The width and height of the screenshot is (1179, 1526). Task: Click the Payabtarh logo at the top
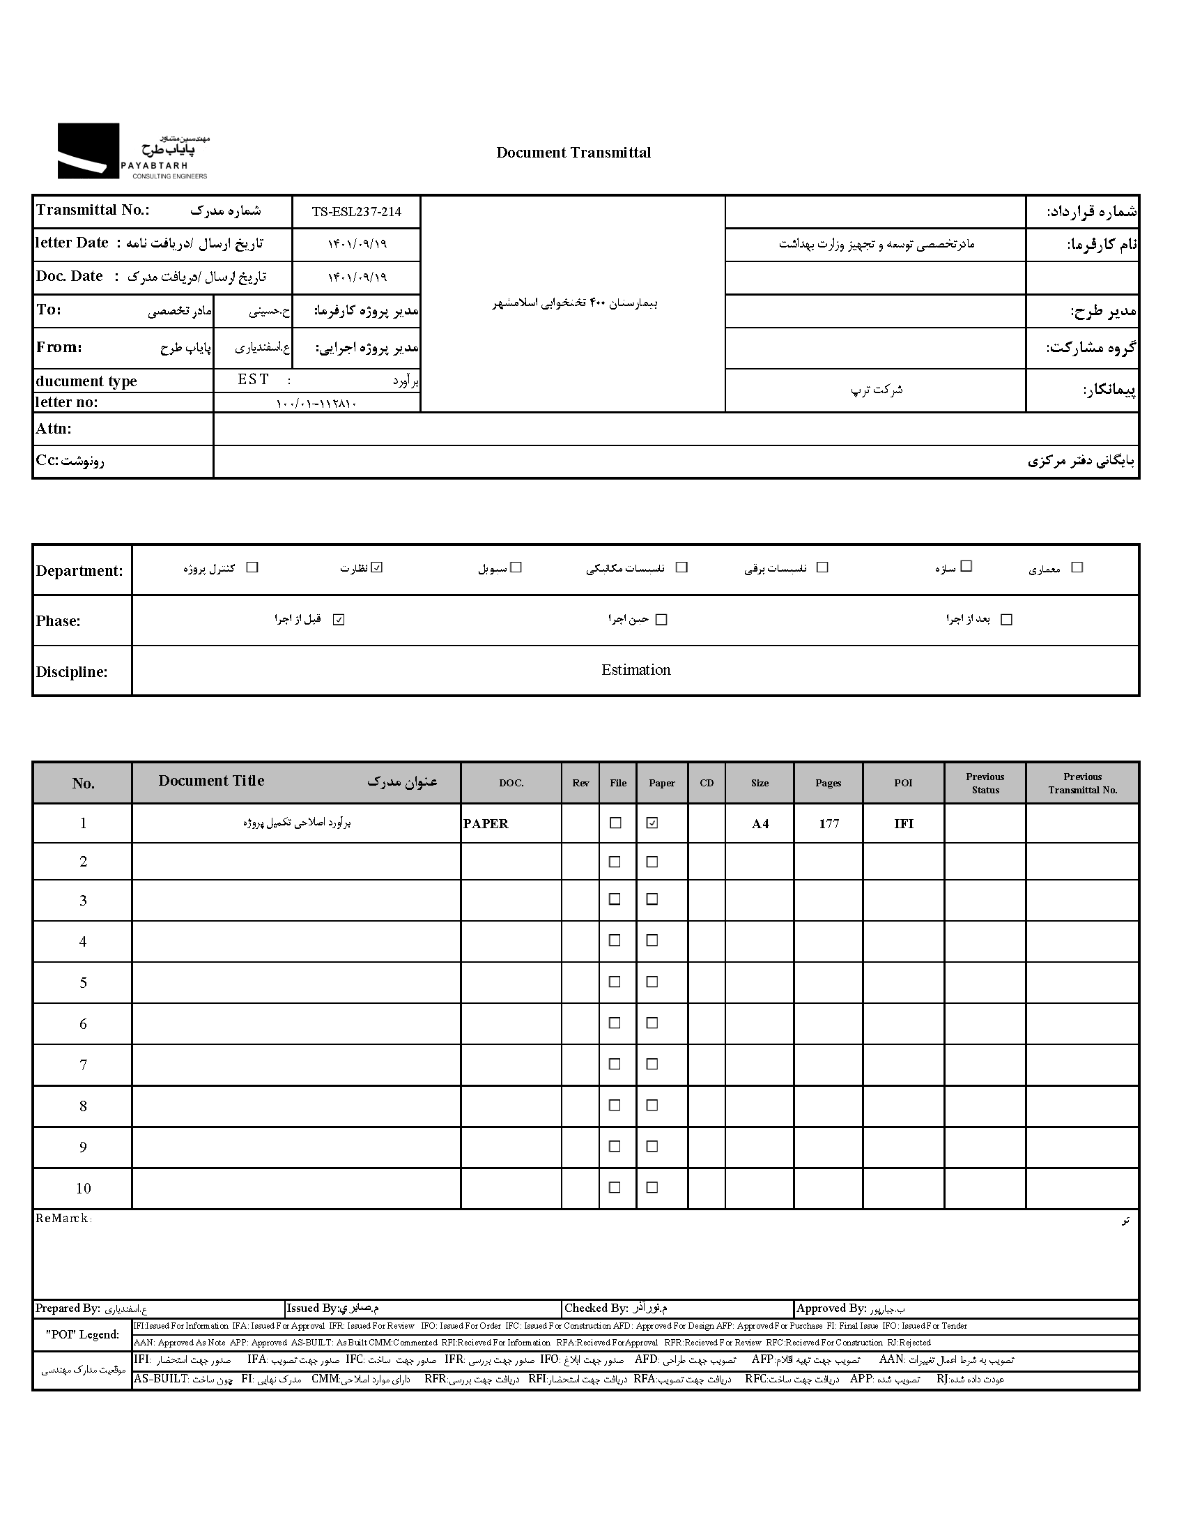point(132,151)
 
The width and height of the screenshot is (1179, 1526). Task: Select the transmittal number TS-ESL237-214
point(356,212)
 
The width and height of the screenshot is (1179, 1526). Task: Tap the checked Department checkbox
point(377,567)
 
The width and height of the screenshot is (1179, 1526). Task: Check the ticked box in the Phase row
point(339,620)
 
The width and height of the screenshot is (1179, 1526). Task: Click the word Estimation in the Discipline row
point(635,670)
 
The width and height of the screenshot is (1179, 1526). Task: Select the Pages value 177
point(829,824)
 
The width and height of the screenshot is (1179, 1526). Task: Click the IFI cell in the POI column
point(903,824)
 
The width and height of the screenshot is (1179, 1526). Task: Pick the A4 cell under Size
point(760,824)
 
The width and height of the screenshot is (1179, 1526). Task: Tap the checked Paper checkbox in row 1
point(652,823)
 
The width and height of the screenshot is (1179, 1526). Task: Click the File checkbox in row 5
point(615,982)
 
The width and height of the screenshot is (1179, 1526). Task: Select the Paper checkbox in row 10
point(652,1187)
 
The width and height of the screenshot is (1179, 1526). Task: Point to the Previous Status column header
point(985,784)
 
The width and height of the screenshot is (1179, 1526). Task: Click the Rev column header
point(580,784)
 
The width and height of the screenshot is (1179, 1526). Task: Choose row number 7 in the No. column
point(83,1065)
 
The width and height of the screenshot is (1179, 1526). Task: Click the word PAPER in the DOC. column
point(486,824)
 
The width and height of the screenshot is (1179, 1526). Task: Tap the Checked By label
point(596,1308)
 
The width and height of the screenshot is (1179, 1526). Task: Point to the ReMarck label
point(63,1219)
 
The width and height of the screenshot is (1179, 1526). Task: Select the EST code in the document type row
point(253,379)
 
